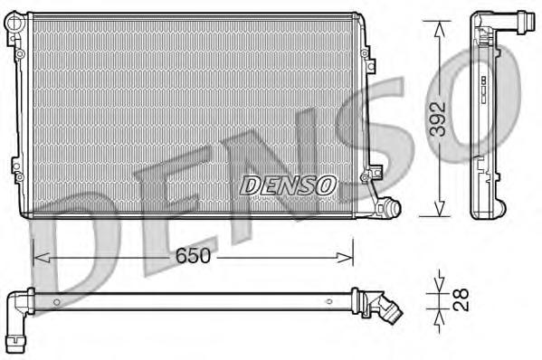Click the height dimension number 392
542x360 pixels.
(437, 118)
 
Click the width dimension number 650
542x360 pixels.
(192, 256)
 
